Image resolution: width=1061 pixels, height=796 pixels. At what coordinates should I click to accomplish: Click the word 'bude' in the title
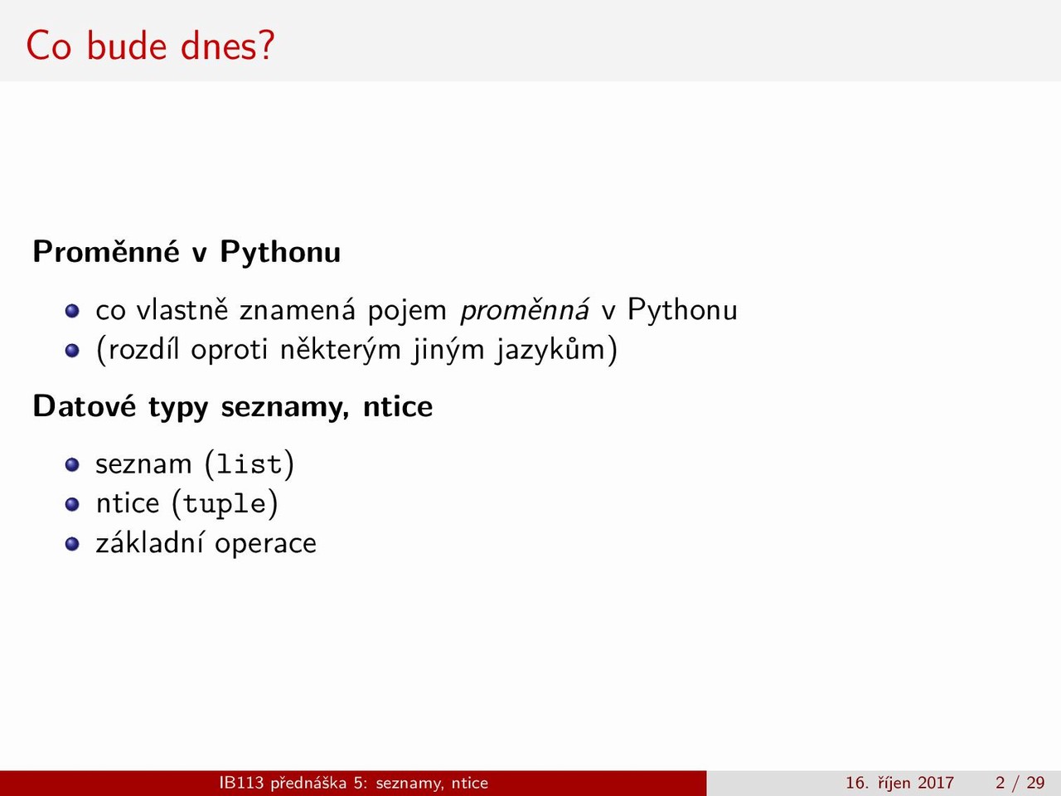pos(128,46)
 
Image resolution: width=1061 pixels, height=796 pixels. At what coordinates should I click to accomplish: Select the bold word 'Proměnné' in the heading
pos(106,251)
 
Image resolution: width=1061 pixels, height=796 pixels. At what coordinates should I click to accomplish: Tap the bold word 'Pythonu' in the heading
pos(280,253)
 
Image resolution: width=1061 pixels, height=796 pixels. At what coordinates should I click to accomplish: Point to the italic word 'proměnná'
pos(525,309)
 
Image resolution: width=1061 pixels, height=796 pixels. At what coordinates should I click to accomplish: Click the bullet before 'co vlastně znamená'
pos(72,311)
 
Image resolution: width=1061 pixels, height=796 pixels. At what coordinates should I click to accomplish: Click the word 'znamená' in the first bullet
pos(298,310)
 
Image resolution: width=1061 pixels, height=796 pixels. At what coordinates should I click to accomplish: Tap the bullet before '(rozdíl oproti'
pos(72,351)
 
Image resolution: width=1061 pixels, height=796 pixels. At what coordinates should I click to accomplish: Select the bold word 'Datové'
pos(85,405)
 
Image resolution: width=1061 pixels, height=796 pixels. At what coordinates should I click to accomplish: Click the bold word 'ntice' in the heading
pos(398,406)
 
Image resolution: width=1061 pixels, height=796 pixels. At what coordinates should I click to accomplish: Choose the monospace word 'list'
pos(249,464)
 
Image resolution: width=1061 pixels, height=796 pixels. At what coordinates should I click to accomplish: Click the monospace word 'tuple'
pos(225,504)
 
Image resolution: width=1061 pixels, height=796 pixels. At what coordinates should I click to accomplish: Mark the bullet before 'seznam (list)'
pos(72,465)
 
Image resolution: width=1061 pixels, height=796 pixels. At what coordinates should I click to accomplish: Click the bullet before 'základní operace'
pos(72,544)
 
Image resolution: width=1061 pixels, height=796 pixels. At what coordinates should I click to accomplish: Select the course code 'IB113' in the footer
pos(242,783)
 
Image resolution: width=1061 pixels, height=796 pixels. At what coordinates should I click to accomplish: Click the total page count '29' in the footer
pos(1036,783)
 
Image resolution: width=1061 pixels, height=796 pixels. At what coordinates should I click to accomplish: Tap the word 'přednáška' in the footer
pos(308,783)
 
